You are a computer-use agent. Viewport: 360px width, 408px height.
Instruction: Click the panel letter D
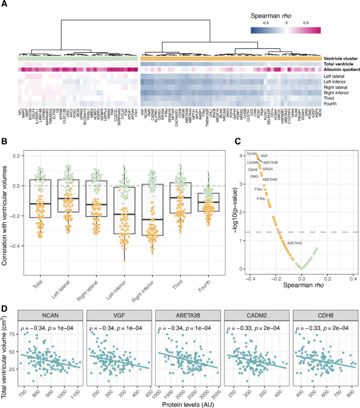coord(4,308)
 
